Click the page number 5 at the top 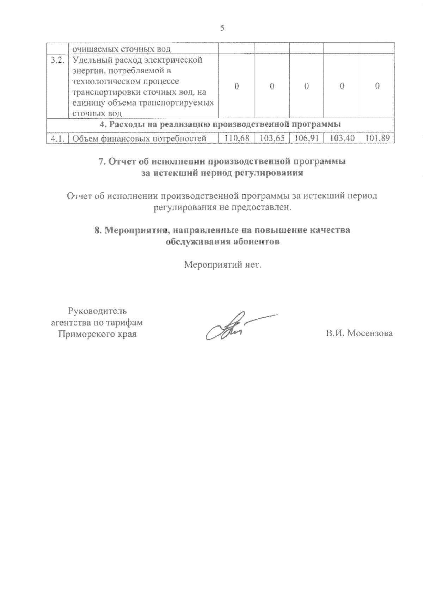click(x=222, y=29)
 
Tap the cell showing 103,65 click(x=272, y=138)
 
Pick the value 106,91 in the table click(x=307, y=138)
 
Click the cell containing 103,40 click(x=342, y=138)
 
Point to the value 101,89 click(x=377, y=138)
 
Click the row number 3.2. click(x=57, y=60)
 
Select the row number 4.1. click(x=57, y=139)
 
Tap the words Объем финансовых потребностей click(x=139, y=139)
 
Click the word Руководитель click(x=97, y=311)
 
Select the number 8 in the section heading click(x=98, y=230)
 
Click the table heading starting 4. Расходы click(x=220, y=124)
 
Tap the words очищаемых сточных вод click(x=121, y=49)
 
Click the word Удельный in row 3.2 click(x=90, y=60)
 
